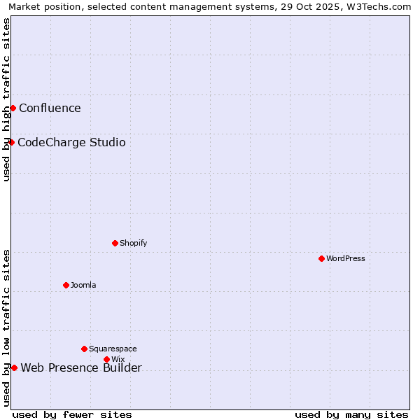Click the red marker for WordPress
click(321, 258)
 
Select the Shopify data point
click(115, 243)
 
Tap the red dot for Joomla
click(66, 285)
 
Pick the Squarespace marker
click(84, 349)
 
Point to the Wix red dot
click(106, 359)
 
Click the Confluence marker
click(13, 108)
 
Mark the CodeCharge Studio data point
click(11, 142)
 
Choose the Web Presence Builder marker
click(14, 367)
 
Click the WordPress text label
click(346, 258)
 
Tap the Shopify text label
click(133, 243)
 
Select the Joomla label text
click(83, 285)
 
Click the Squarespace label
click(113, 349)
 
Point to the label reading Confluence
click(50, 108)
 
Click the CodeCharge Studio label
click(71, 143)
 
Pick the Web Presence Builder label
click(81, 368)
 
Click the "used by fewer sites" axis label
click(72, 414)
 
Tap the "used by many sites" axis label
click(351, 414)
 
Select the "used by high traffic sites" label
click(6, 99)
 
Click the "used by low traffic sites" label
click(6, 328)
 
